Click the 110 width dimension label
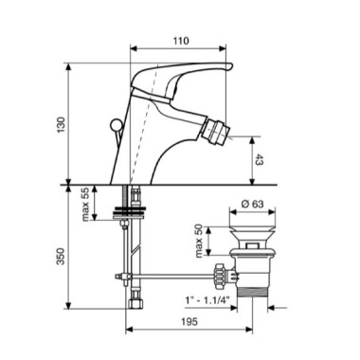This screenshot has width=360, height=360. pos(181,41)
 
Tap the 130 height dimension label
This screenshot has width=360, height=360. pos(61,124)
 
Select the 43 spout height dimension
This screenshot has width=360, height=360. pos(259,160)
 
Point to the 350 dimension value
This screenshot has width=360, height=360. pos(61,257)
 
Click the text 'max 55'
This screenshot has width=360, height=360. pos(86,204)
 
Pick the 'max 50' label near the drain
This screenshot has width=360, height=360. pos(199,242)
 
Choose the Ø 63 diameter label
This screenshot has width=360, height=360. pos(252,204)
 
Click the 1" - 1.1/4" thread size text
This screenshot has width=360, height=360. pos(207,299)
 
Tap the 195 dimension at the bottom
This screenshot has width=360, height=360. pos(189,321)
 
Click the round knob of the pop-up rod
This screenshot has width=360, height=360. pos(115,124)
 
